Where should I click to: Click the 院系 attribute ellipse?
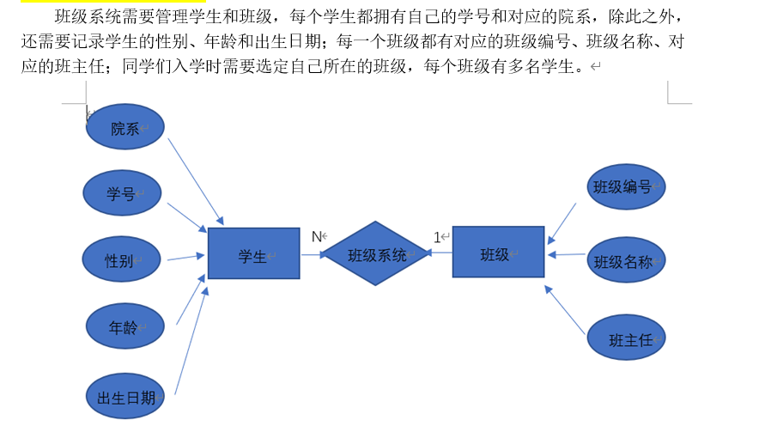click(125, 127)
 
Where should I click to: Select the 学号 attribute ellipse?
click(122, 192)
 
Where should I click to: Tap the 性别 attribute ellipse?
click(121, 259)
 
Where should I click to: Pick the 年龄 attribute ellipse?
click(124, 326)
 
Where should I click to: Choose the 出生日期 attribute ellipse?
click(126, 396)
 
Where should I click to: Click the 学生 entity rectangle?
click(253, 253)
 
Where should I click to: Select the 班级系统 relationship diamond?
click(376, 253)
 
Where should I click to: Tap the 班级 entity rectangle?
click(498, 252)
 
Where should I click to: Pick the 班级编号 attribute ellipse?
click(627, 187)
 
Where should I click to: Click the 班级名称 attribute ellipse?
click(627, 260)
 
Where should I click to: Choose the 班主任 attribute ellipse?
click(627, 338)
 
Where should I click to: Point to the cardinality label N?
click(316, 235)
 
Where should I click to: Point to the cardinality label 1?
click(437, 236)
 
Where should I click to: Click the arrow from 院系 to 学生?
click(195, 180)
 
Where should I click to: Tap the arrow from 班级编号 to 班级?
click(562, 223)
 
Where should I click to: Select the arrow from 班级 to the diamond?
click(440, 252)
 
